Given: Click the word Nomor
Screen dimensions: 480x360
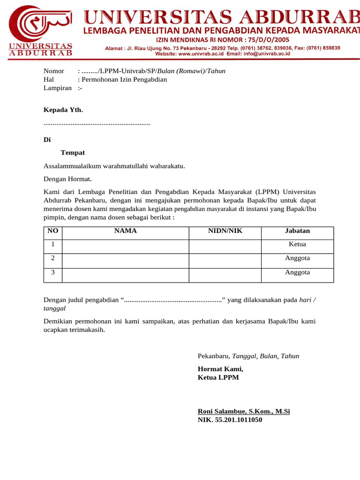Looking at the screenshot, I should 53,71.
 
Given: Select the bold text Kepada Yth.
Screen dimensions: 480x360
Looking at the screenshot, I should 63,110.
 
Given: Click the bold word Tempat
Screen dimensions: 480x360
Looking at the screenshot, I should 73,153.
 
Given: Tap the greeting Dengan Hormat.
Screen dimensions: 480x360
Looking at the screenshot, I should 67,179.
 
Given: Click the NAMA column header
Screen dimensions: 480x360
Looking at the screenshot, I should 126,231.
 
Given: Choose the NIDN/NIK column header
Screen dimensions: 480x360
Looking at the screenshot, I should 225,231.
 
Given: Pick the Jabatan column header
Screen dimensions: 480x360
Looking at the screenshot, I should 297,231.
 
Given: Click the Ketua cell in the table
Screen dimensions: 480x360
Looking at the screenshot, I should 297,244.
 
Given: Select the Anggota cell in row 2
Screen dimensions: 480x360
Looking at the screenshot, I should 297,258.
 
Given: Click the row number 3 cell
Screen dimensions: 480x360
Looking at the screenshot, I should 53,272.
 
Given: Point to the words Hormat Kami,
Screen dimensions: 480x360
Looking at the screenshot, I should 221,369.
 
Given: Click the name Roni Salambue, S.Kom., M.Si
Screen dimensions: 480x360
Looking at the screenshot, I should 244,412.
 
